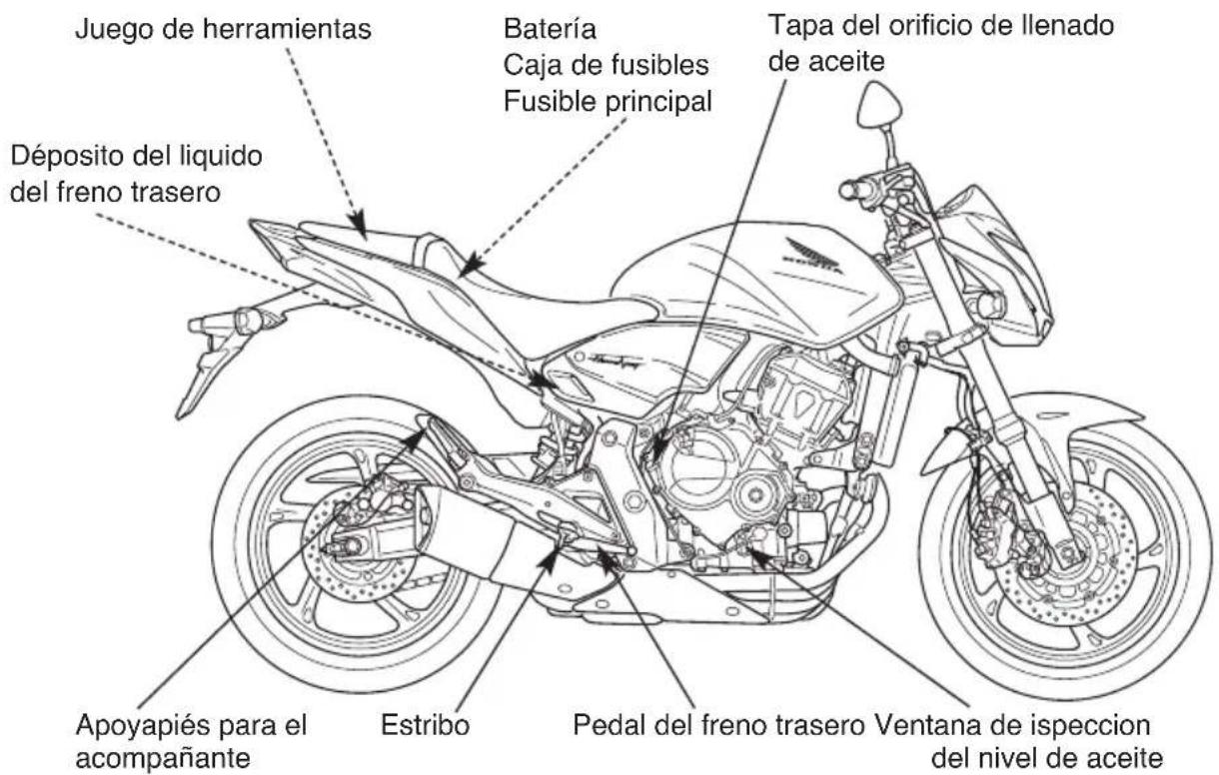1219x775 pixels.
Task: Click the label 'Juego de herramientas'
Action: [x=223, y=28]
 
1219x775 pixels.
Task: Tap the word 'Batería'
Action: [x=550, y=28]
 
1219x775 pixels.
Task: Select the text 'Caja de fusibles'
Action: [x=606, y=65]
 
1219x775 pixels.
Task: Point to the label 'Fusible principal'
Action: [x=608, y=102]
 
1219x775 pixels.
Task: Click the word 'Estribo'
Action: [x=425, y=725]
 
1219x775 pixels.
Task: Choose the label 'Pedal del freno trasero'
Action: [x=718, y=725]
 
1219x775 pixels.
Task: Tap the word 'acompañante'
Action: [x=163, y=758]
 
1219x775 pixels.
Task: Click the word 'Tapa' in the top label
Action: [x=795, y=26]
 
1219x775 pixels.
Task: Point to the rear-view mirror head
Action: [x=878, y=106]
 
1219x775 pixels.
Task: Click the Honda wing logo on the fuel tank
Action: [x=813, y=256]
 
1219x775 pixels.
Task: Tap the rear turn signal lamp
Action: [x=248, y=321]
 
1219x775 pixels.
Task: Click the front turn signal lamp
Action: [x=991, y=305]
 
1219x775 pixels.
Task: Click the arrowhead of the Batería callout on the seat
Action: [x=472, y=264]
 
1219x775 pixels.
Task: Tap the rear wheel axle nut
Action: [x=351, y=545]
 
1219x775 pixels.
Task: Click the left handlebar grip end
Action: [x=846, y=191]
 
